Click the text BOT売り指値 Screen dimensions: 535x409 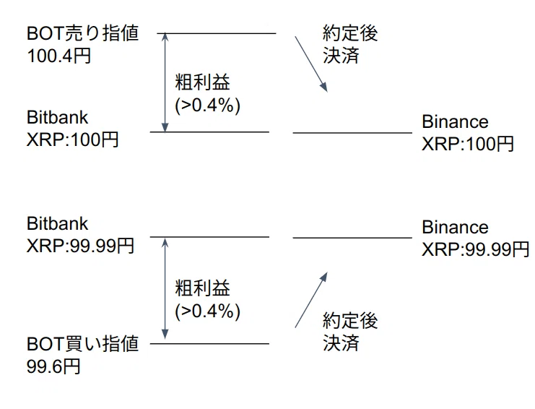[x=82, y=33]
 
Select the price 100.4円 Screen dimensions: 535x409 [x=58, y=56]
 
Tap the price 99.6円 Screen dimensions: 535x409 [x=53, y=366]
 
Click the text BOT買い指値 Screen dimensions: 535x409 [x=82, y=343]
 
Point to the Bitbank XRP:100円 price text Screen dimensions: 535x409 [x=72, y=129]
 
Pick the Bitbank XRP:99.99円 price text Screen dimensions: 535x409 [x=80, y=235]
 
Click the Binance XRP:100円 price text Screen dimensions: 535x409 [x=467, y=132]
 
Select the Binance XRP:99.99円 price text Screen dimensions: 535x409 [x=475, y=238]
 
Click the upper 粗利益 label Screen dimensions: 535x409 [x=203, y=82]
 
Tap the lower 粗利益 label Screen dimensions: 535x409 [x=203, y=288]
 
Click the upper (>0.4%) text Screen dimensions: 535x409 [x=207, y=105]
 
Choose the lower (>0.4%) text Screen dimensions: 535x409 [x=207, y=311]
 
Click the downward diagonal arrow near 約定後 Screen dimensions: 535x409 [x=311, y=64]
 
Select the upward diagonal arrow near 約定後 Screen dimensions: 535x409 [x=311, y=300]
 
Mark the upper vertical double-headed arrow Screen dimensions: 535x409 [x=165, y=82]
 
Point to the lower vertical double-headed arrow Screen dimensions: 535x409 [x=165, y=289]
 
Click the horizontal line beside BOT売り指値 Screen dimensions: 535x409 [x=217, y=33]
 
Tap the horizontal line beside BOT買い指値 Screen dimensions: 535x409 [x=209, y=343]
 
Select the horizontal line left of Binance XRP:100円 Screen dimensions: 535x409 [x=352, y=132]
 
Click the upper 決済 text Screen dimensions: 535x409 [x=341, y=56]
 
